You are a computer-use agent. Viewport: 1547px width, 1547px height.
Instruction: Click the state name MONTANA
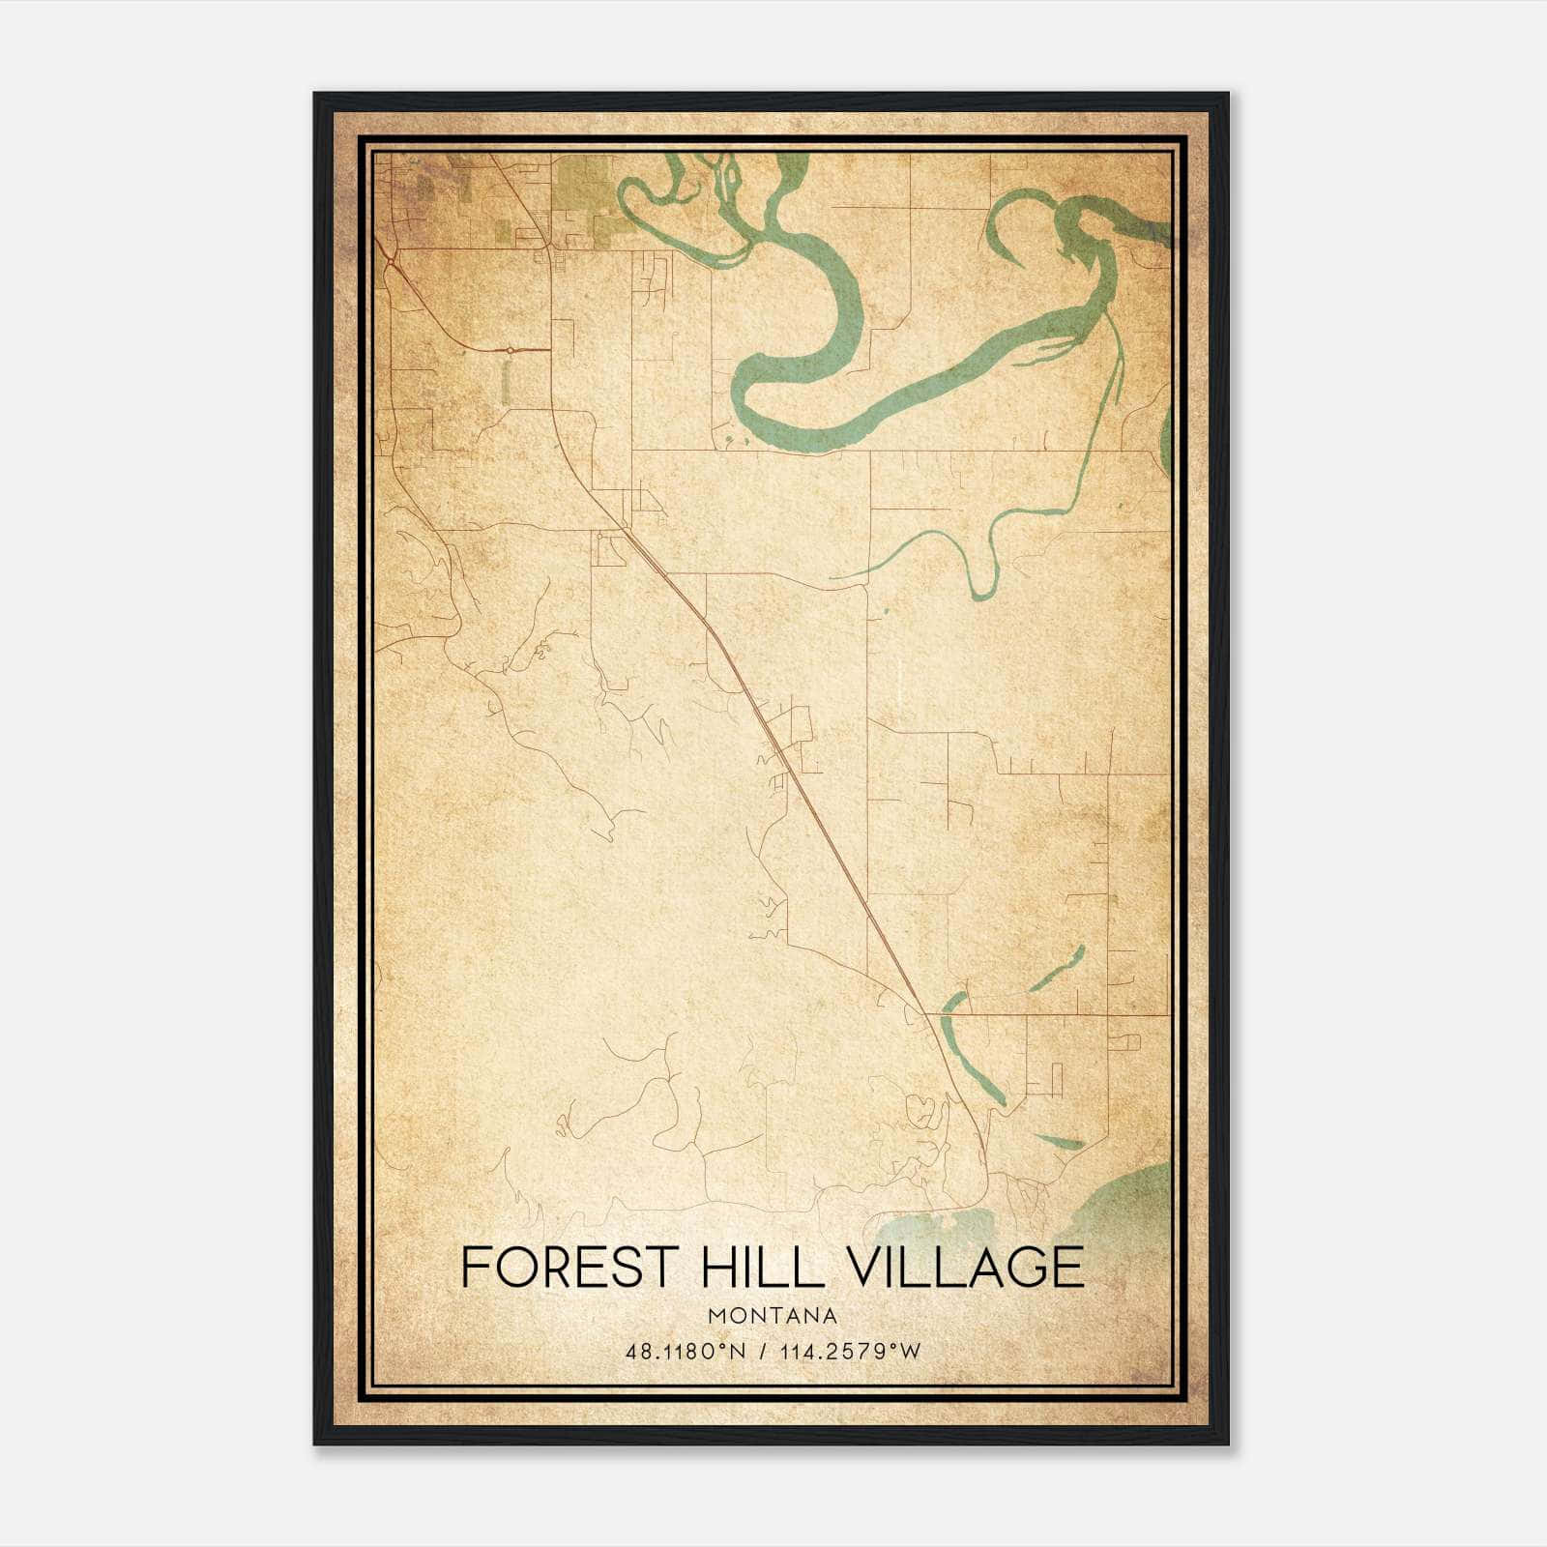[773, 1316]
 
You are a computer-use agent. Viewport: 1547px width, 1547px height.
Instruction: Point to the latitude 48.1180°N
[686, 1352]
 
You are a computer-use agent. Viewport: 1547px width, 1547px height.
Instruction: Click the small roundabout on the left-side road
[510, 349]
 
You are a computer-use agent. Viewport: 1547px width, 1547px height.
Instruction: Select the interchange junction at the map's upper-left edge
[389, 258]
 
